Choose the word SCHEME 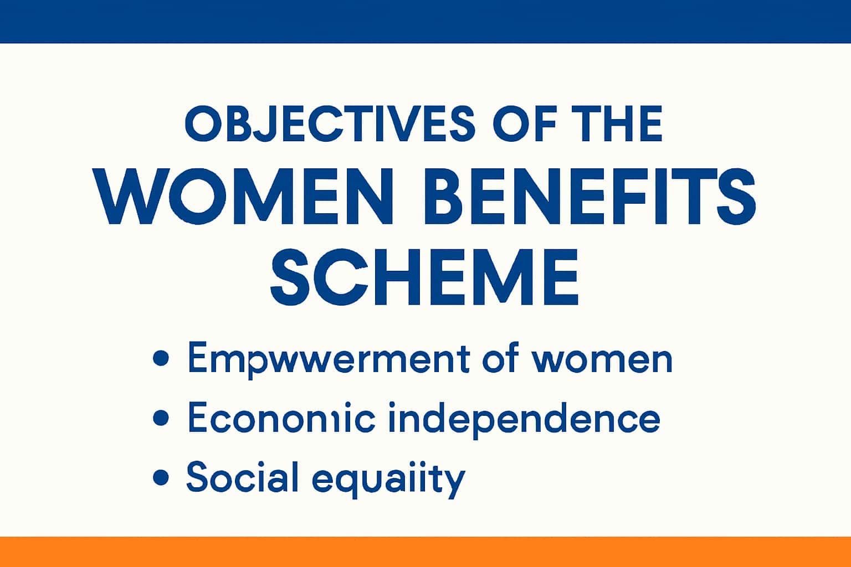(424, 277)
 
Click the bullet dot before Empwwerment (160, 358)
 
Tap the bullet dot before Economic (160, 417)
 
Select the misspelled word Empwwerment (329, 359)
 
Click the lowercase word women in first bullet (602, 359)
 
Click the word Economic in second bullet (281, 417)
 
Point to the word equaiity (388, 478)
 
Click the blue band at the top (425, 21)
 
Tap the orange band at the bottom (425, 551)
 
